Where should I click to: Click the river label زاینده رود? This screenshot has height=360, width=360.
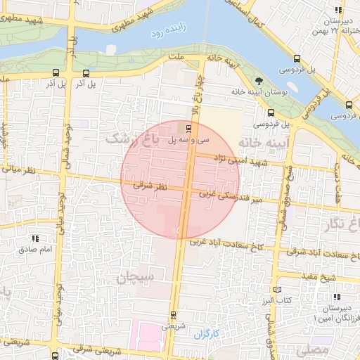166,30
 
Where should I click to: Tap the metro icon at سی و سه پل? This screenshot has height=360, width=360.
188,128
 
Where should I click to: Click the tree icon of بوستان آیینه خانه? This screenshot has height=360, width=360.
259,81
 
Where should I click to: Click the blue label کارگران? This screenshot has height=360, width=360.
208,331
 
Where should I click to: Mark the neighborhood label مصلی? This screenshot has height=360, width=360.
312,349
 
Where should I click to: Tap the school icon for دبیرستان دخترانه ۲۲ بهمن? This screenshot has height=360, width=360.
339,10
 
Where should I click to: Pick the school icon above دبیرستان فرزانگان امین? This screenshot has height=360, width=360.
338,297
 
